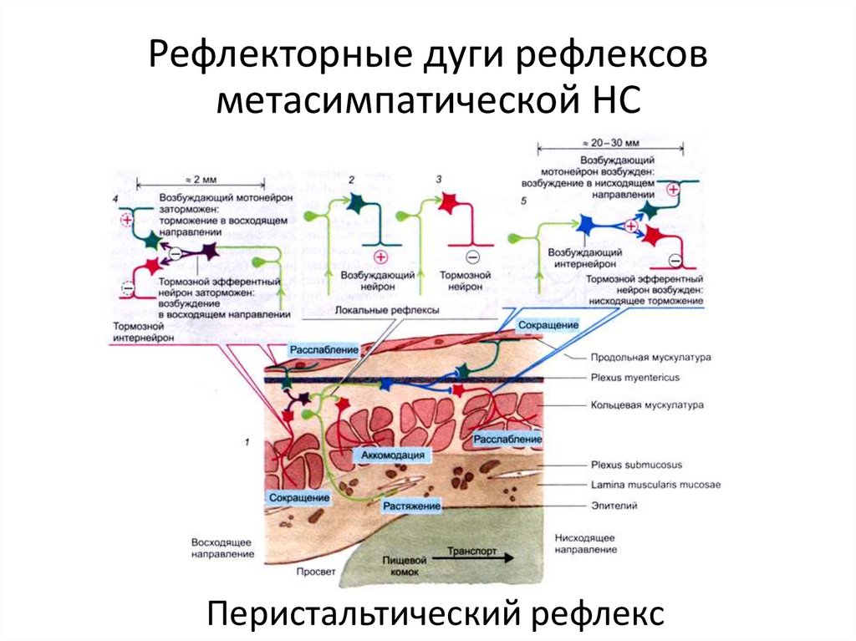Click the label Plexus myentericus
pyautogui.click(x=634, y=379)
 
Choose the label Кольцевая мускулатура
pyautogui.click(x=647, y=405)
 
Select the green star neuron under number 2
pyautogui.click(x=354, y=203)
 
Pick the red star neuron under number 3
pyautogui.click(x=445, y=202)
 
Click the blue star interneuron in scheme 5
pyautogui.click(x=585, y=224)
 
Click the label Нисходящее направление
pyautogui.click(x=585, y=543)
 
